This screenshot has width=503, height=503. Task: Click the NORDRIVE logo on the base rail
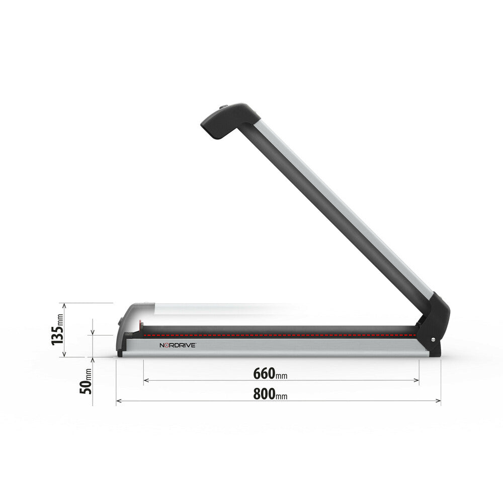coord(177,346)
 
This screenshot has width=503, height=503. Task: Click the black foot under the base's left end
coord(120,354)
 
